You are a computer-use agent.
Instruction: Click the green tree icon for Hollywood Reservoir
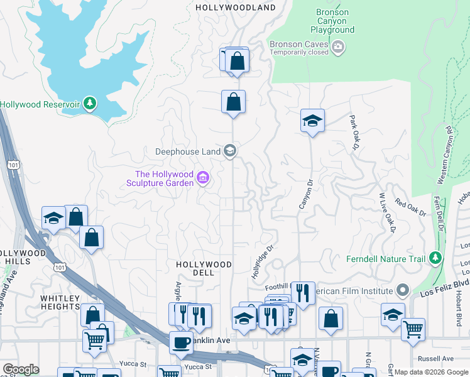click(90, 103)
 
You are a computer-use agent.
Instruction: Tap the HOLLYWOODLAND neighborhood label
click(236, 8)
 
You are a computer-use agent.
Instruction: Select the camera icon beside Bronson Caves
click(339, 46)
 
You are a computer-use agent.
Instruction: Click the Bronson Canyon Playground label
click(332, 21)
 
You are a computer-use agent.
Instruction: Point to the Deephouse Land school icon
click(231, 150)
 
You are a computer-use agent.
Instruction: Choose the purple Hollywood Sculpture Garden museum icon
click(203, 178)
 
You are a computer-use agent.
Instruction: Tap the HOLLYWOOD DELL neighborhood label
click(204, 268)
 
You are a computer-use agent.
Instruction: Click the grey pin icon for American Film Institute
click(403, 290)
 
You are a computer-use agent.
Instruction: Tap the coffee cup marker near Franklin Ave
click(181, 342)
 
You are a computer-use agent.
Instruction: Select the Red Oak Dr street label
click(410, 208)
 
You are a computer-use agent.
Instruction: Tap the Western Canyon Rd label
click(444, 155)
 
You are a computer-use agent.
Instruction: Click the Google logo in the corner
click(21, 369)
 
